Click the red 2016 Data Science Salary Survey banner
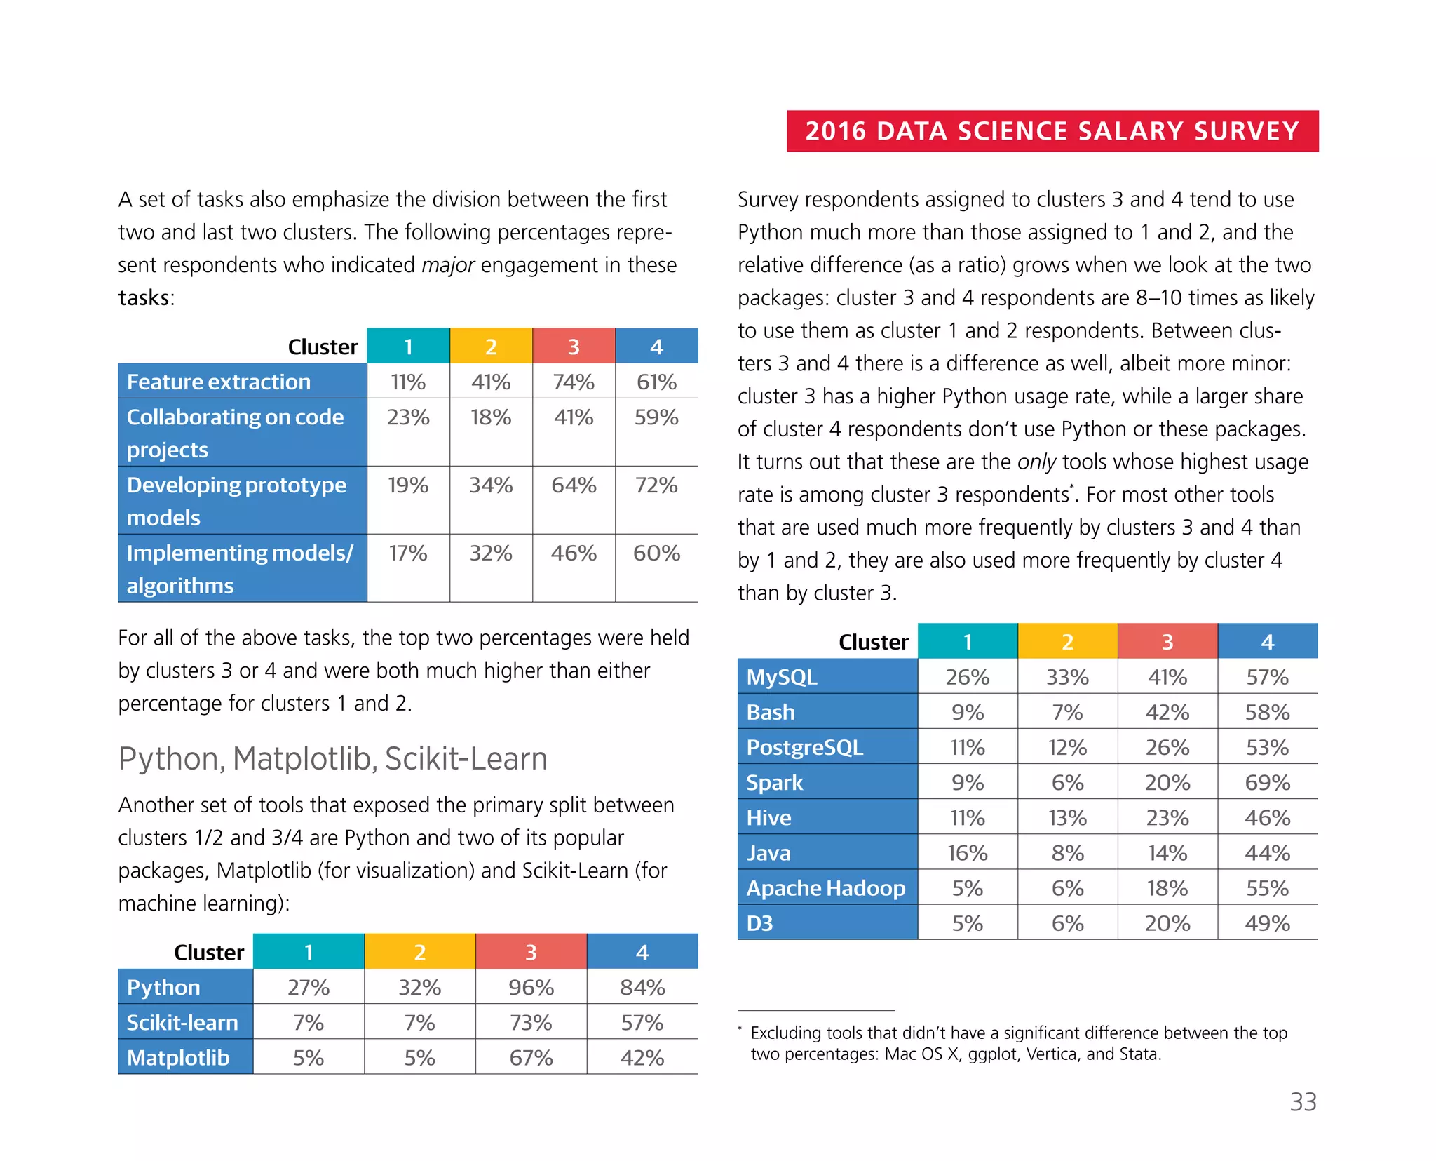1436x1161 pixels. (1052, 131)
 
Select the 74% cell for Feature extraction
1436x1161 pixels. (573, 382)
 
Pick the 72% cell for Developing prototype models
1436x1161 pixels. (656, 485)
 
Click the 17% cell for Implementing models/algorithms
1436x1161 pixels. (408, 553)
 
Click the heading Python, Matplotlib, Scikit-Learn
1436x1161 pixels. (332, 758)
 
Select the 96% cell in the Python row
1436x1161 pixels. (531, 987)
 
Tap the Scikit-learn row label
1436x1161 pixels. (182, 1022)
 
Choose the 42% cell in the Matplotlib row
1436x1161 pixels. (642, 1057)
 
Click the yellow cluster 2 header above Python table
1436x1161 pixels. (419, 952)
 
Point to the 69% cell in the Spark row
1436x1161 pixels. (1267, 782)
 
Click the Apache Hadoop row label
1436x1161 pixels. (826, 887)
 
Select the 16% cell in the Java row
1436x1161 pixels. (967, 852)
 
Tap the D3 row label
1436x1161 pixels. (760, 922)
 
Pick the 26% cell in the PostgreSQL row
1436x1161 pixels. (1167, 747)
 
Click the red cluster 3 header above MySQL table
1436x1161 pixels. (1167, 641)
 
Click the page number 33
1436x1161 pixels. (1303, 1102)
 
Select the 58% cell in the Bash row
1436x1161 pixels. (1267, 712)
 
